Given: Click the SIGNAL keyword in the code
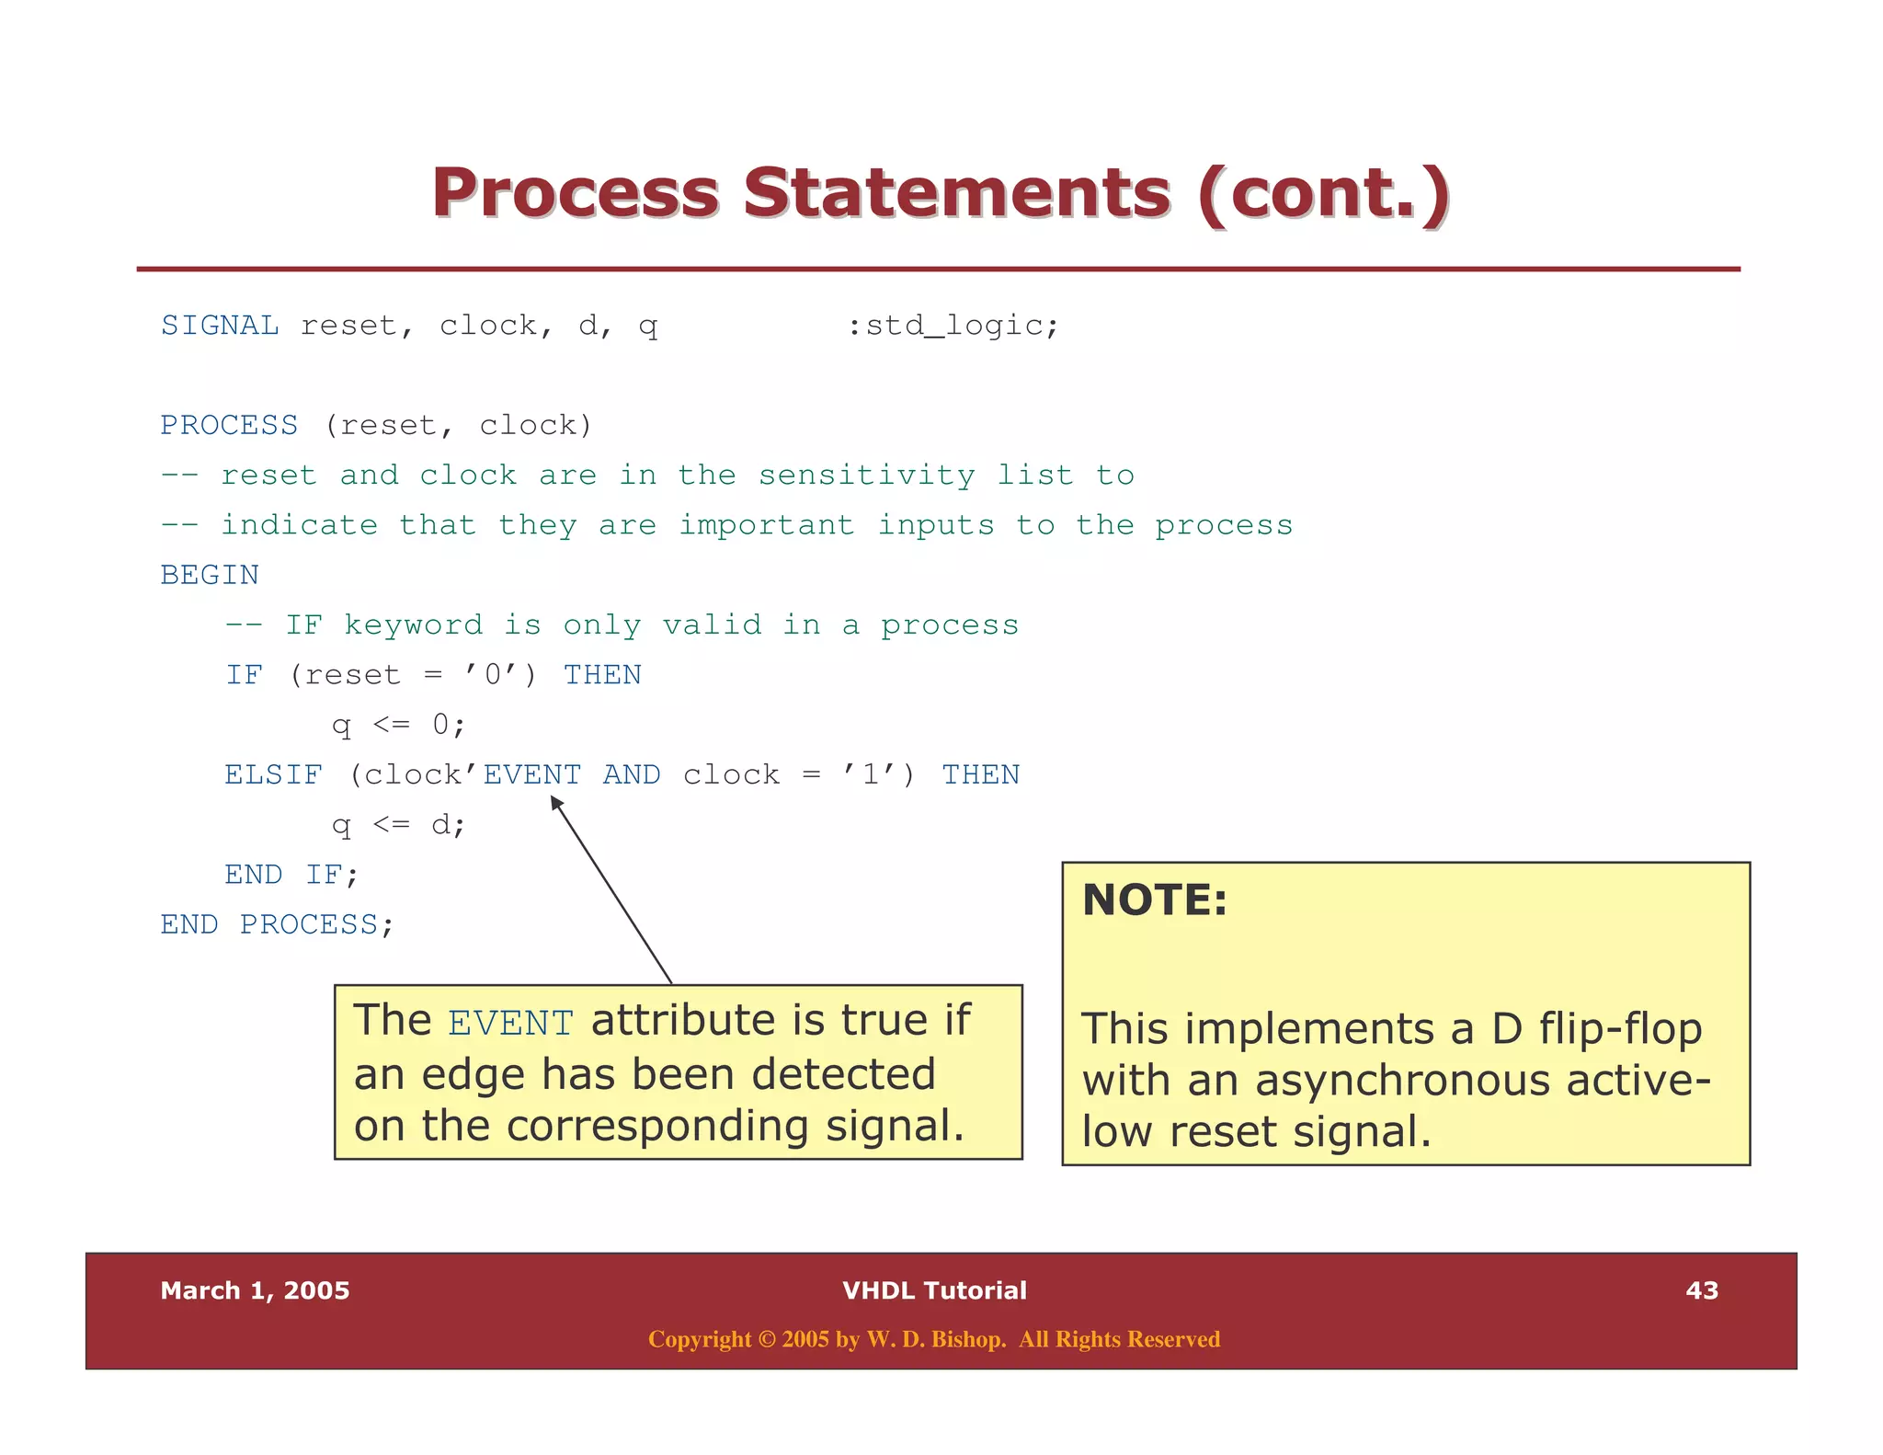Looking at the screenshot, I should point(220,326).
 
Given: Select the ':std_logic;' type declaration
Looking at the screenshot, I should point(953,326).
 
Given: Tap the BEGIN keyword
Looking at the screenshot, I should point(210,575).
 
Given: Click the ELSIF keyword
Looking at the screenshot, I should point(273,774).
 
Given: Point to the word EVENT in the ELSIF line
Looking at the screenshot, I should point(532,774).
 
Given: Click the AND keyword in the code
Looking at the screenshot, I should point(631,774).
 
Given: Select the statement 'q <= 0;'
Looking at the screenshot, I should point(398,725).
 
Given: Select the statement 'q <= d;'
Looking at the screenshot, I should point(398,824).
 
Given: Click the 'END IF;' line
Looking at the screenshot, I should point(291,874).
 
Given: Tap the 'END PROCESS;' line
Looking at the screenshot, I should point(277,923).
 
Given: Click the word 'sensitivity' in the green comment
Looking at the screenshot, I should point(866,475).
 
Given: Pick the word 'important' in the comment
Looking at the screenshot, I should point(767,525).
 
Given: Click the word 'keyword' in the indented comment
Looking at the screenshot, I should point(413,625).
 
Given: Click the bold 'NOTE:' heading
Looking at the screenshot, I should point(1155,899).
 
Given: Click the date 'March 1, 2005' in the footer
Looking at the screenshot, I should point(255,1290).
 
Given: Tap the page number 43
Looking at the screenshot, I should point(1701,1290).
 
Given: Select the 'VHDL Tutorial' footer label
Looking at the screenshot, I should point(934,1290).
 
